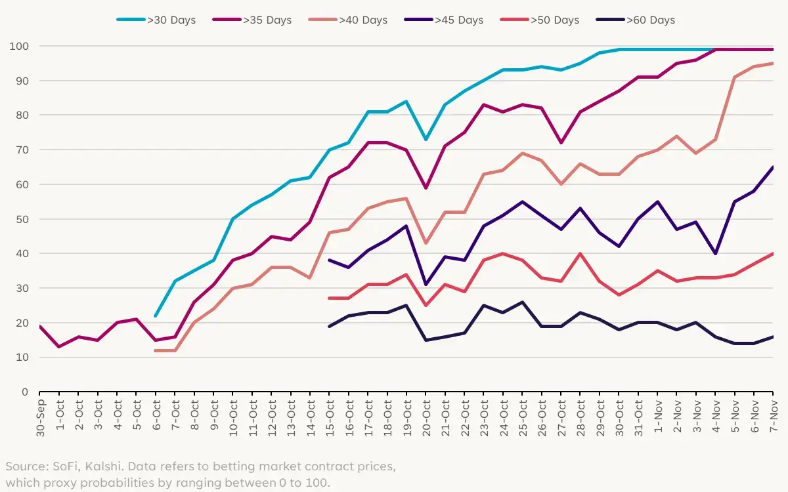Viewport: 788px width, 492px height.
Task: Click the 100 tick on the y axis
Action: (19, 47)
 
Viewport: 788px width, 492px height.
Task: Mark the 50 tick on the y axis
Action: (22, 219)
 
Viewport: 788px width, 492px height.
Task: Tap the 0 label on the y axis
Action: (25, 392)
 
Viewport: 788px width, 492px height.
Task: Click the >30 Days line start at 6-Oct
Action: (156, 316)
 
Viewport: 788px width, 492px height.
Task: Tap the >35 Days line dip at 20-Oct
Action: (426, 188)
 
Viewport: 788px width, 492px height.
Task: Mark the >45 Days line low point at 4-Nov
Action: (716, 254)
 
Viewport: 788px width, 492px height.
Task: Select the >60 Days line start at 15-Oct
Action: (329, 326)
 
